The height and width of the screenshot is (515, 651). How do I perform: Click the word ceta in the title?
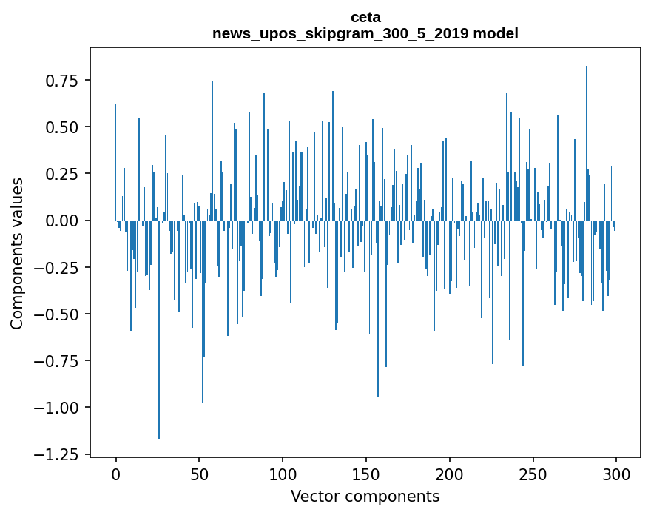pyautogui.click(x=365, y=18)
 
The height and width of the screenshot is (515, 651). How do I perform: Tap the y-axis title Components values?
pyautogui.click(x=17, y=253)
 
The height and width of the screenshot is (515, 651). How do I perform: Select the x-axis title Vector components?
pyautogui.click(x=365, y=497)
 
